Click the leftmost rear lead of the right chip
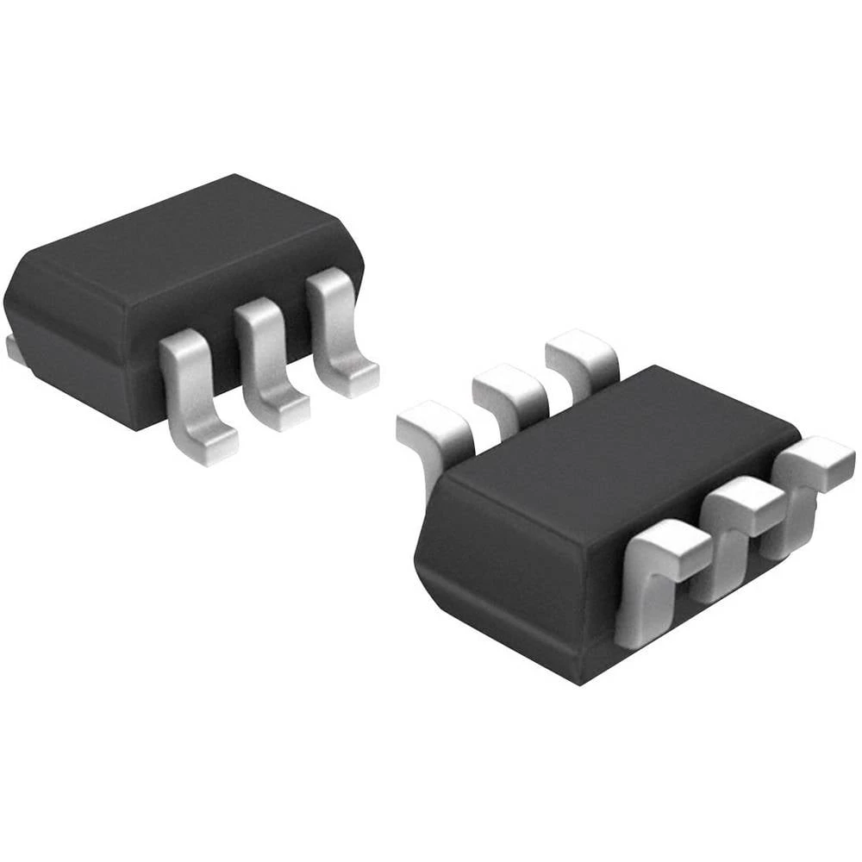[x=435, y=431]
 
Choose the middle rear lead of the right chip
[x=509, y=388]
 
